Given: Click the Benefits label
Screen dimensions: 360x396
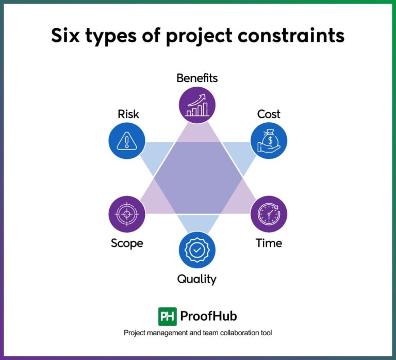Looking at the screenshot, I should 197,78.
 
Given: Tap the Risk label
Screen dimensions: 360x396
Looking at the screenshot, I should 128,114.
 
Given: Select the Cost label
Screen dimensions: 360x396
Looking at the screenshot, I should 269,114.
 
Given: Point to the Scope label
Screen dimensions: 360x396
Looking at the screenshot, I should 127,243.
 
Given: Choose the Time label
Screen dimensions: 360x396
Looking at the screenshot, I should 269,243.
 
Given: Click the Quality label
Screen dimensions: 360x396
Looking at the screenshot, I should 197,280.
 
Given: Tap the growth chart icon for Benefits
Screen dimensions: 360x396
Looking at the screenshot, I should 197,104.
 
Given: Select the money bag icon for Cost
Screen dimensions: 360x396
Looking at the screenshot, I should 269,140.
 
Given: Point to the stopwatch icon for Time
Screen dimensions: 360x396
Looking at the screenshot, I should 269,214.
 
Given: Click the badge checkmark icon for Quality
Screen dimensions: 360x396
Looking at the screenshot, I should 197,250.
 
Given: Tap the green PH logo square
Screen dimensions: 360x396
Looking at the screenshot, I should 168,316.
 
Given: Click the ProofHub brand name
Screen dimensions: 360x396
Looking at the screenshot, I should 208,316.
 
